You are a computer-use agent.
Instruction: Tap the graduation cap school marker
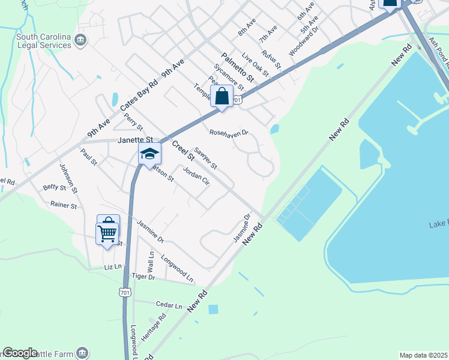click(149, 154)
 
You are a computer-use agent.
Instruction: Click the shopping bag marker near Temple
click(221, 96)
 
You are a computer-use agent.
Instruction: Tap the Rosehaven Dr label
click(229, 133)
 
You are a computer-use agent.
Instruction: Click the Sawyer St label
click(205, 157)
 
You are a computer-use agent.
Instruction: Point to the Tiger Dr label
click(143, 277)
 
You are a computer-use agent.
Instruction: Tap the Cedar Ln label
click(169, 305)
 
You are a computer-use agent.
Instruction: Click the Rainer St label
click(64, 205)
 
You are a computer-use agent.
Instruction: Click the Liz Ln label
click(112, 266)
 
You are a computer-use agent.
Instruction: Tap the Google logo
click(20, 353)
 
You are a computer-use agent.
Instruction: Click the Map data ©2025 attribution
click(423, 355)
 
